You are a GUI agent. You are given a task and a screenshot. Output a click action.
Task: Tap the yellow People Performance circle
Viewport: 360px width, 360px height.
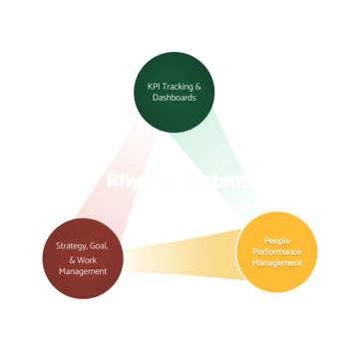[277, 252]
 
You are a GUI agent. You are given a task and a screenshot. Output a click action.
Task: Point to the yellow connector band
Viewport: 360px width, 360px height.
[180, 257]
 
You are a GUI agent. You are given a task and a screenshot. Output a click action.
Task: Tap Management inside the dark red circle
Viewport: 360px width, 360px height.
[83, 270]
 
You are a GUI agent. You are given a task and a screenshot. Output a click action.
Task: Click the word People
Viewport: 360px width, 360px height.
[277, 240]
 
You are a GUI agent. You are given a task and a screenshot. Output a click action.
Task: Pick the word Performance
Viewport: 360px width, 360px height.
[277, 252]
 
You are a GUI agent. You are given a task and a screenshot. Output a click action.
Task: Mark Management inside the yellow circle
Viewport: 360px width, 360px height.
[277, 264]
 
